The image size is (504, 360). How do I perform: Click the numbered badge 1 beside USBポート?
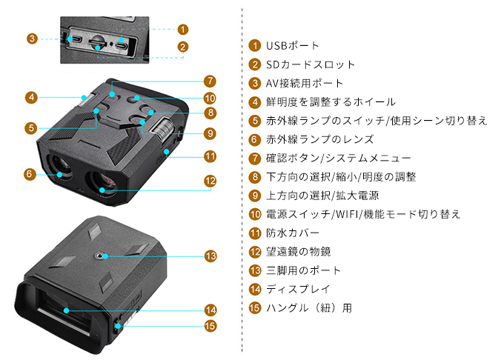coord(255,47)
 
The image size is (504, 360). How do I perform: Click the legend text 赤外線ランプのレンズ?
coord(320,139)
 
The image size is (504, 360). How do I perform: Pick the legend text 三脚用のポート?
coord(304,270)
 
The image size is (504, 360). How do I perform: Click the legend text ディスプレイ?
coord(298,289)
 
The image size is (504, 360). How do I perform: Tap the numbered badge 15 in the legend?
coord(255,307)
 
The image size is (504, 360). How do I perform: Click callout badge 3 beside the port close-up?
coord(32,38)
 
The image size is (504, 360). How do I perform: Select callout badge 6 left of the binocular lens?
coord(29,174)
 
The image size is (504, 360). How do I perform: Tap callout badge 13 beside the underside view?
coord(211,256)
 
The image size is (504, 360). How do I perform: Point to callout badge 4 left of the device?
coord(31,97)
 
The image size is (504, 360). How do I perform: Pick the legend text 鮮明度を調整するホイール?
coord(331,102)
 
